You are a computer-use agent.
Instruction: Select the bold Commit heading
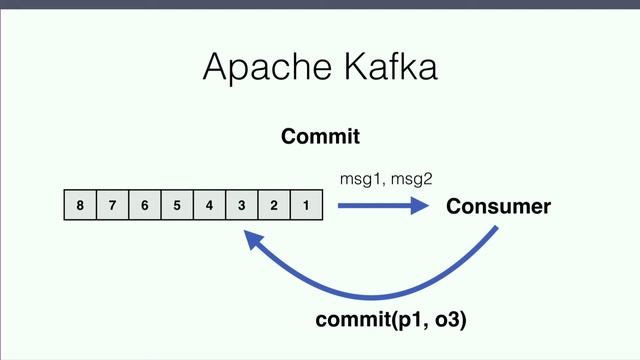(x=320, y=136)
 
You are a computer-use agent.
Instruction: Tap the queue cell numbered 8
(x=80, y=207)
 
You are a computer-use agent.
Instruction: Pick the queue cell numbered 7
(x=112, y=207)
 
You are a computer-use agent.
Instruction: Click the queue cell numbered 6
(x=144, y=207)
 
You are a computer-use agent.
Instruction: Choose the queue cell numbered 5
(x=177, y=207)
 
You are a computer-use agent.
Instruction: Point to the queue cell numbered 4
(x=209, y=207)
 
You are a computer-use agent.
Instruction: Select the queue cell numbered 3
(x=241, y=207)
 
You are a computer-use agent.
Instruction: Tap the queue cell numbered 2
(x=273, y=207)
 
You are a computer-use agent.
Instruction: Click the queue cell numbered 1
(x=305, y=207)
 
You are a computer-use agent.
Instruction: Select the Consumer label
(x=498, y=207)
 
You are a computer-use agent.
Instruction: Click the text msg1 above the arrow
(x=361, y=178)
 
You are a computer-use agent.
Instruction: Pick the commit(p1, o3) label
(x=391, y=321)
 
